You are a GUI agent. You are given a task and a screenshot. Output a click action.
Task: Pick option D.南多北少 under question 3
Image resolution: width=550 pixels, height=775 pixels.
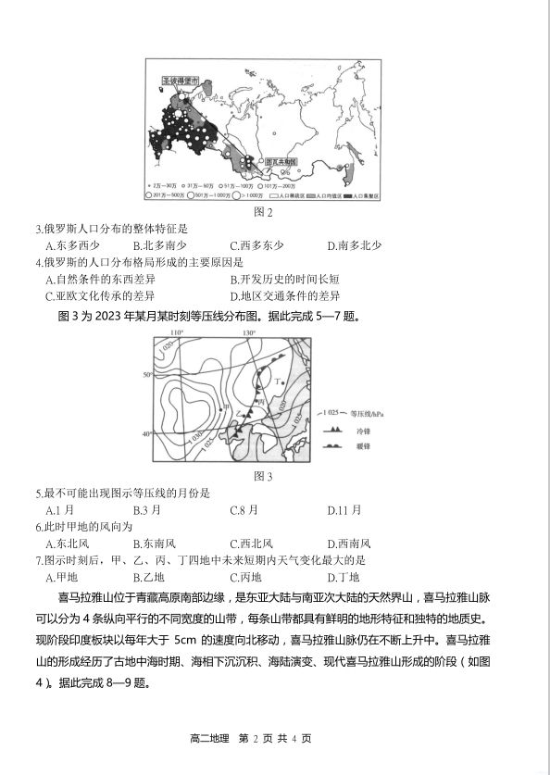[355, 245]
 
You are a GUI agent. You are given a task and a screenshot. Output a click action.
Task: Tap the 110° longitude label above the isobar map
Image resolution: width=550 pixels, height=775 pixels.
[177, 332]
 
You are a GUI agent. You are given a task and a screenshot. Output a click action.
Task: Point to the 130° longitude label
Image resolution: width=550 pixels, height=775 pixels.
[249, 332]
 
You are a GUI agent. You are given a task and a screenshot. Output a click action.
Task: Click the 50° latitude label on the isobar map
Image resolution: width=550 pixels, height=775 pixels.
[145, 375]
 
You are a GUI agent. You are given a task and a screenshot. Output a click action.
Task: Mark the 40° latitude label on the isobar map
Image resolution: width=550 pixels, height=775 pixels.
[145, 433]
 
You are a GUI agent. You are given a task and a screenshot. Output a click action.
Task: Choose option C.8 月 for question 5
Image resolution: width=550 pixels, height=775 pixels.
[244, 510]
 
